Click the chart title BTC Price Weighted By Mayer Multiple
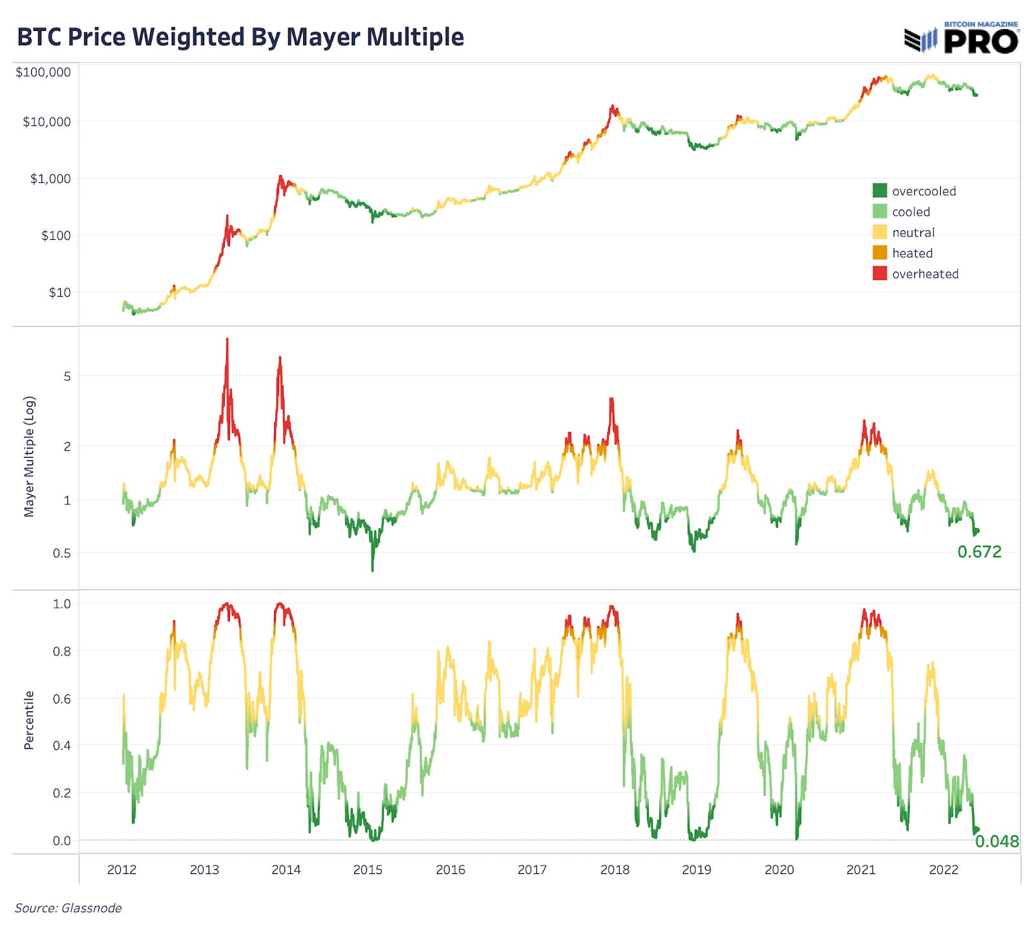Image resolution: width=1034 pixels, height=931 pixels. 240,37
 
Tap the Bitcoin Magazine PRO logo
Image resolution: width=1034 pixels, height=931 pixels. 961,38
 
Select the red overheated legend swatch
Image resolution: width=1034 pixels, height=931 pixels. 880,273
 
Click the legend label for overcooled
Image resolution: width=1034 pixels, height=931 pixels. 923,191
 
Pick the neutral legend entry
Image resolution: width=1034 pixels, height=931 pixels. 913,233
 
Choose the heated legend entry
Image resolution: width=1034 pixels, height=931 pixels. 912,253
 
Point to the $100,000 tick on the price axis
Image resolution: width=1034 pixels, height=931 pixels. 43,72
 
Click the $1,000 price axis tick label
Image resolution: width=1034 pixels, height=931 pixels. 50,178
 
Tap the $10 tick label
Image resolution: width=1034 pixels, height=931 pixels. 59,292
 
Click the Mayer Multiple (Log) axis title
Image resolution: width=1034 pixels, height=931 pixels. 29,456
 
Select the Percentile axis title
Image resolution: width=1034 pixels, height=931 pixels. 29,720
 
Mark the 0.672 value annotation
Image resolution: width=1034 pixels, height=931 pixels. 979,551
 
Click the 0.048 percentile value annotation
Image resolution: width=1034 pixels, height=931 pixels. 997,841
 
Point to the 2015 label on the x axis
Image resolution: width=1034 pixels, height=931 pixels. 368,870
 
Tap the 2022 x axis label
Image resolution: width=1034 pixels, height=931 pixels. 943,870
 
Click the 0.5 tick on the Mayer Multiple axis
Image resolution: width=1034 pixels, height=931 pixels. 62,553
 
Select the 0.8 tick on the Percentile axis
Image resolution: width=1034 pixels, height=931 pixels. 62,651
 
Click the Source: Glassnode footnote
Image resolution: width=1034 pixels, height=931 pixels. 69,908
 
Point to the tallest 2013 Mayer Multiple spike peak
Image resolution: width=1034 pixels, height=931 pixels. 227,339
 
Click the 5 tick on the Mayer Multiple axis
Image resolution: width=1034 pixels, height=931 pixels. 67,376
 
